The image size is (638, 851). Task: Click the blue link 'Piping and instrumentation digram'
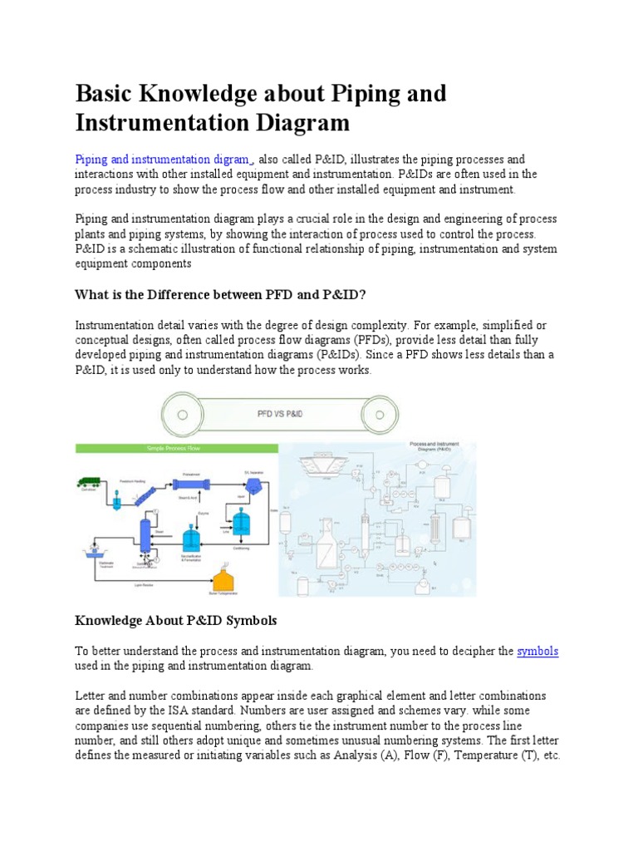(162, 159)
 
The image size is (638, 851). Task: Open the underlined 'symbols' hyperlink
(537, 652)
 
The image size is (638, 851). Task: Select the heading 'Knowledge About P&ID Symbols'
(175, 621)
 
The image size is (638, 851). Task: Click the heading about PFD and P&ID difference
(221, 294)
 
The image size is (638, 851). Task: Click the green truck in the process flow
(88, 482)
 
